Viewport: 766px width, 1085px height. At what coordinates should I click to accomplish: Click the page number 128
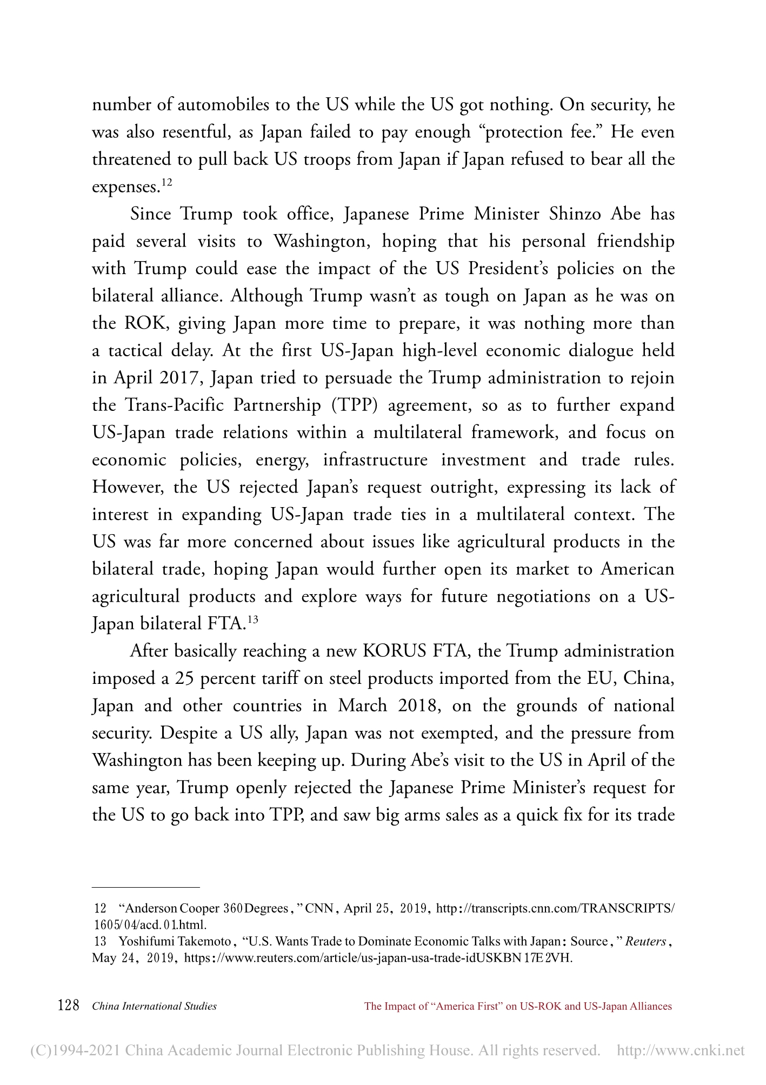point(68,1006)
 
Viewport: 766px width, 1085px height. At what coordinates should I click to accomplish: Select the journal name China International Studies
point(155,1007)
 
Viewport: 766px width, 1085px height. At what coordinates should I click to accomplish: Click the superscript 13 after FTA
point(252,620)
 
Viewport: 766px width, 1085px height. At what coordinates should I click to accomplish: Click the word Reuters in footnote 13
point(647,941)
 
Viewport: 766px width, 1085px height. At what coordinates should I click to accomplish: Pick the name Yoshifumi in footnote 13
point(141,941)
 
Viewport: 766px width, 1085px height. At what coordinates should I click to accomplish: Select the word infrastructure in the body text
point(375,460)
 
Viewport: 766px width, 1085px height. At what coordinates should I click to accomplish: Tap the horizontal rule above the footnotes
point(146,887)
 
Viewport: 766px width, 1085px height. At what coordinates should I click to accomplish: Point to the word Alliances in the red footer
point(650,1007)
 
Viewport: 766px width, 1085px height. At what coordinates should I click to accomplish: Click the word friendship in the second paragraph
point(635,241)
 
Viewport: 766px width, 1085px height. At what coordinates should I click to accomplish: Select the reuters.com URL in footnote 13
point(378,958)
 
